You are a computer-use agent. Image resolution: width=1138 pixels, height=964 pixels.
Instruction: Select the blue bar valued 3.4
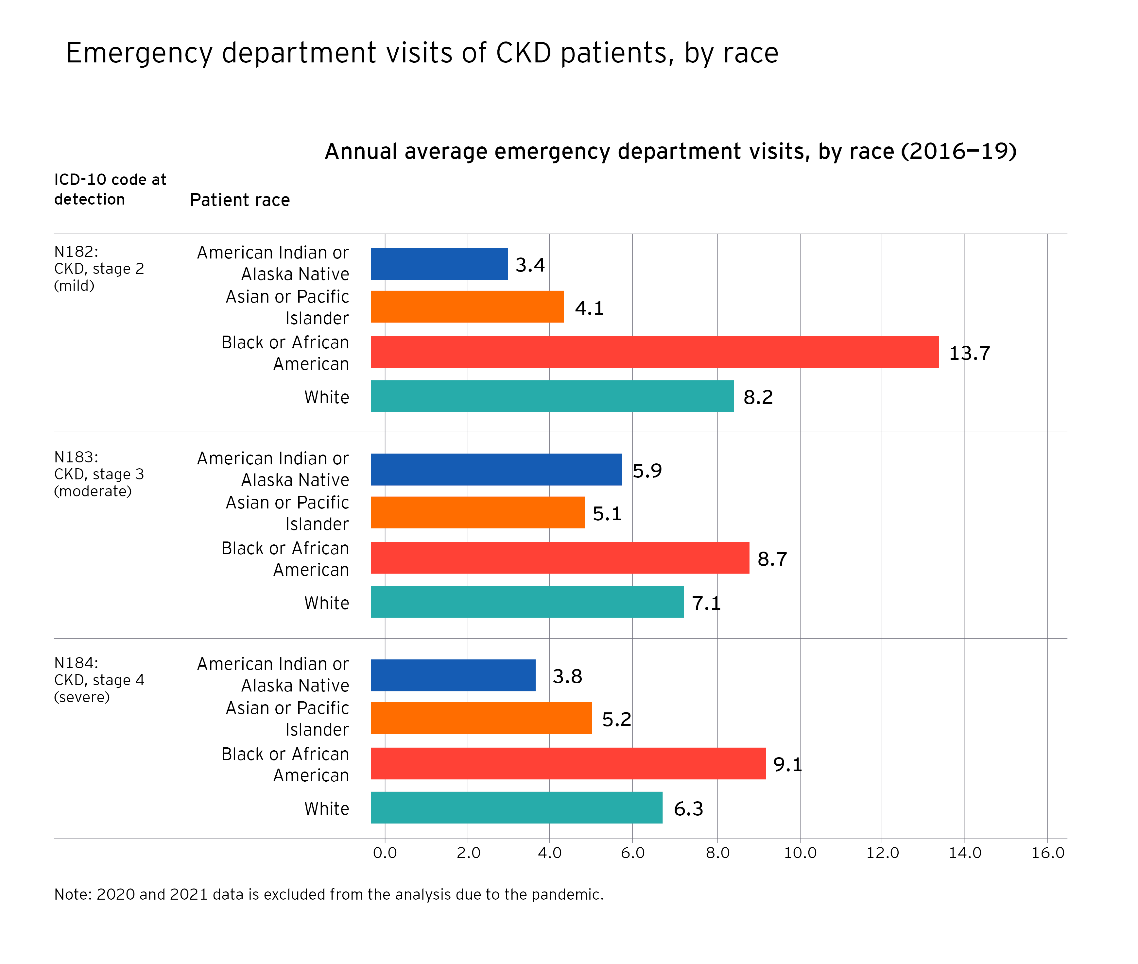point(439,264)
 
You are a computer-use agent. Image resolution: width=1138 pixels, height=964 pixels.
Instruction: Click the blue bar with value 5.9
point(496,470)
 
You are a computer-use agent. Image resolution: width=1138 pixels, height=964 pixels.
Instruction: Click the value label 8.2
point(758,397)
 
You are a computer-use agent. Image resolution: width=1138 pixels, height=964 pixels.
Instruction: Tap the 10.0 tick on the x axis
point(800,853)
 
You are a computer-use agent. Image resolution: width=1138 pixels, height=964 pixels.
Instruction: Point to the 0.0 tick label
point(385,853)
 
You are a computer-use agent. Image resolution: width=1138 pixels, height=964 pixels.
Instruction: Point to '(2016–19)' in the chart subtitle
point(958,151)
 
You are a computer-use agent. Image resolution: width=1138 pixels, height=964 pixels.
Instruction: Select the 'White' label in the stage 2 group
point(326,397)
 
